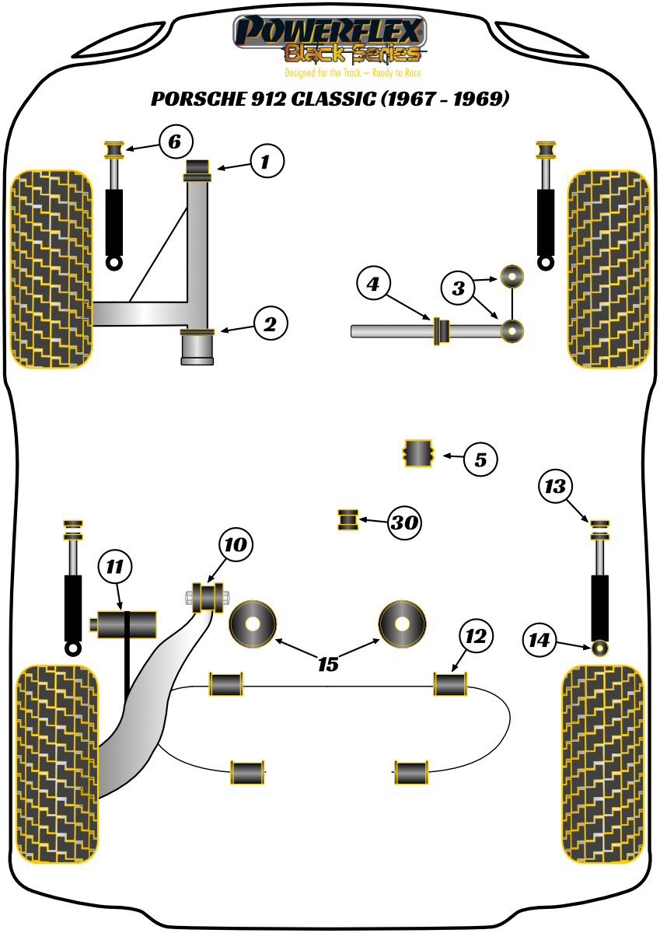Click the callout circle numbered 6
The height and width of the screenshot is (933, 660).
(x=174, y=142)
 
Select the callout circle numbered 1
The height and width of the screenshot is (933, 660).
(x=267, y=162)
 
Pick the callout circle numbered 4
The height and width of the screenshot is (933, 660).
(x=374, y=285)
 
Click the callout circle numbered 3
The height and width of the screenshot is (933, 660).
(x=459, y=289)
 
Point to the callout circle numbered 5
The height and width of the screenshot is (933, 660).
(x=480, y=460)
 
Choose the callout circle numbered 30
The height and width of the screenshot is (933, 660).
(x=404, y=523)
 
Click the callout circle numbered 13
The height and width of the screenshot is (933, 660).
(x=556, y=487)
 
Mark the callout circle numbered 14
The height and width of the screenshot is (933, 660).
(x=540, y=641)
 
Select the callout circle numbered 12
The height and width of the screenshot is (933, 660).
(x=476, y=638)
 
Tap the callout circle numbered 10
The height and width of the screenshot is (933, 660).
(x=236, y=545)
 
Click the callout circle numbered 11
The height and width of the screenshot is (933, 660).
(x=115, y=568)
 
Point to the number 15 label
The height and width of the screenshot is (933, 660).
(x=328, y=665)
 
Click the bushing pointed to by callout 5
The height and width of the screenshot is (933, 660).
(x=417, y=454)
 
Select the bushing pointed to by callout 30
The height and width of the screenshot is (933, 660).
(x=347, y=520)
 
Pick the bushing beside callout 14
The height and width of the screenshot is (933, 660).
(x=599, y=647)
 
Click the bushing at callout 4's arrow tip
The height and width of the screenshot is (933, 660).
(x=441, y=330)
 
